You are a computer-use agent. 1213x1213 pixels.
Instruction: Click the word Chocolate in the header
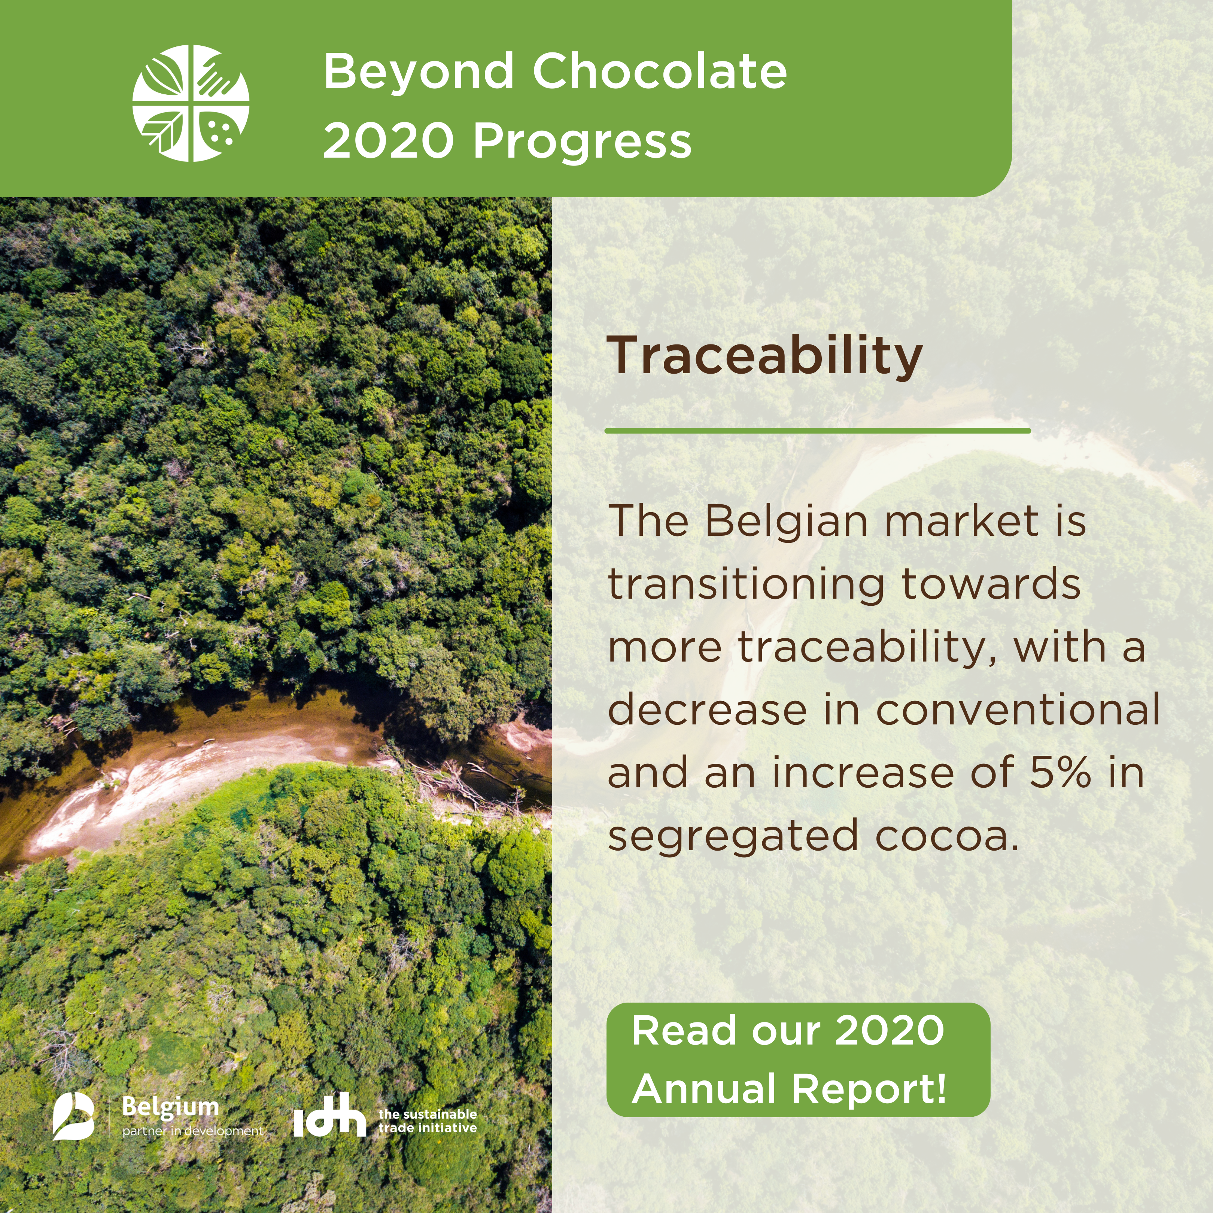click(660, 71)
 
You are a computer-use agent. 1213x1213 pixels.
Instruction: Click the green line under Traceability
click(817, 431)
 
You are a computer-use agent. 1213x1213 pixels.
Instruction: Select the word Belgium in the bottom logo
click(170, 1107)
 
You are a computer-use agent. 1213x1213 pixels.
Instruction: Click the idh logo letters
click(329, 1115)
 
